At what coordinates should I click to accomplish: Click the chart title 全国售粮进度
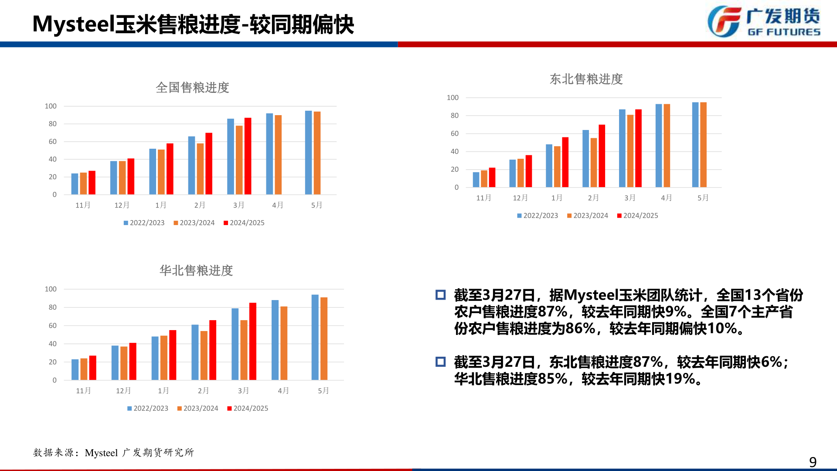coord(192,88)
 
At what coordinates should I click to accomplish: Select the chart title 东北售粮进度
coord(586,79)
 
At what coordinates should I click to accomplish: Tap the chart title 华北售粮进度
coord(196,271)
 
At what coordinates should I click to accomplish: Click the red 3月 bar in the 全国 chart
coord(248,156)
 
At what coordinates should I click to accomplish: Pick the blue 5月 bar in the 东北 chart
coord(695,145)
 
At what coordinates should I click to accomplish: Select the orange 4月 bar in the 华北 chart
coord(284,343)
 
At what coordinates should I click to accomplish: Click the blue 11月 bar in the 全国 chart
coord(75,184)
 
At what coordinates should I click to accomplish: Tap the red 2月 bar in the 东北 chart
coord(602,156)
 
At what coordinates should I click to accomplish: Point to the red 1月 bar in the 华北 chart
coord(173,355)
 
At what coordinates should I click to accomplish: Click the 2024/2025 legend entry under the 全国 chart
coord(244,223)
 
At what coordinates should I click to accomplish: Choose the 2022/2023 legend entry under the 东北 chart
coord(538,215)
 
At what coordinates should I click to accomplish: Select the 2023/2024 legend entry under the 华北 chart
coord(198,408)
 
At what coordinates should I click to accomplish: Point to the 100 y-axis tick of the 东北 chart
coord(453,98)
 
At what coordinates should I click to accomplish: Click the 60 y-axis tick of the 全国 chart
coord(53,142)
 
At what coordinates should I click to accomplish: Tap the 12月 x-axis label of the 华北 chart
coord(123,391)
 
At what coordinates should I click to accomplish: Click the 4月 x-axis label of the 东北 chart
coord(666,198)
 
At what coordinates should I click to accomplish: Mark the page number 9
coord(813,461)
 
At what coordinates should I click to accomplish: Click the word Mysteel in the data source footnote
coord(101,453)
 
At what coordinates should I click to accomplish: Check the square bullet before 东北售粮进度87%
coord(440,362)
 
